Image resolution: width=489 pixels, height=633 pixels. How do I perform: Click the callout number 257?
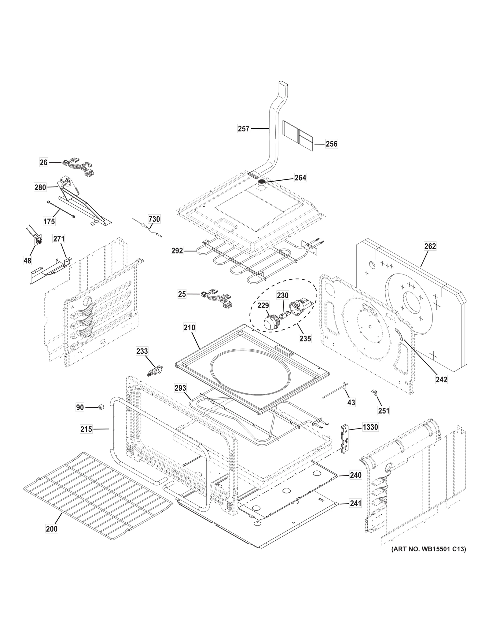[244, 129]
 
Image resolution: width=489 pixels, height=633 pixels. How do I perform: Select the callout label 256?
[331, 144]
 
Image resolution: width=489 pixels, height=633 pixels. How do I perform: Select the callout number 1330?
[370, 427]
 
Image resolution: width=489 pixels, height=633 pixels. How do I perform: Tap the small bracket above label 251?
[373, 392]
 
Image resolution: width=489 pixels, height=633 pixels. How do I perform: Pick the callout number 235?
[305, 338]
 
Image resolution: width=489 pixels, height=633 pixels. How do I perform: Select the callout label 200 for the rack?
[52, 528]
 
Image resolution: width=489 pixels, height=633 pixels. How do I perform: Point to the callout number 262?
[430, 246]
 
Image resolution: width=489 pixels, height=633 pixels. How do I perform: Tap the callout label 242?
[441, 379]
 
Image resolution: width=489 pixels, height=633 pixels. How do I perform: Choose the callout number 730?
[154, 219]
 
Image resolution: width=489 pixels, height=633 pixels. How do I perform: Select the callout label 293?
[180, 388]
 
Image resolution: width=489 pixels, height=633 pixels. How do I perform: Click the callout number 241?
[355, 503]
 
